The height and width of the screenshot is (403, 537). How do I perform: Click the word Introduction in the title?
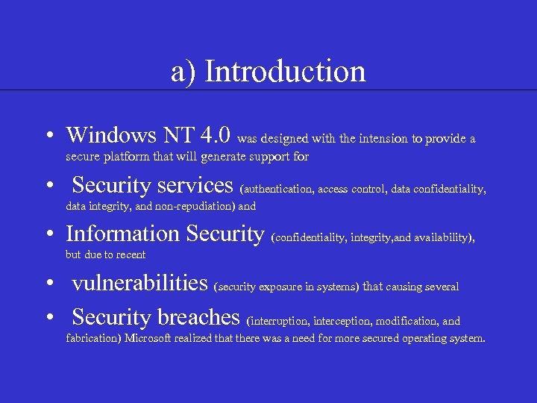285,72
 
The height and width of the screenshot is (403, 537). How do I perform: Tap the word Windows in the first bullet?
109,135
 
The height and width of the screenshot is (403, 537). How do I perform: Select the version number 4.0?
216,135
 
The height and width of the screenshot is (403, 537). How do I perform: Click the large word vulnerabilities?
139,283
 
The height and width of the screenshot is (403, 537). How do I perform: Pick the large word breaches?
198,317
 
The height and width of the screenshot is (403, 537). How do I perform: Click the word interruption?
280,322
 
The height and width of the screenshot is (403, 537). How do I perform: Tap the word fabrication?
93,339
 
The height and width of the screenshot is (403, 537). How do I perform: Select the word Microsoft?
151,339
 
